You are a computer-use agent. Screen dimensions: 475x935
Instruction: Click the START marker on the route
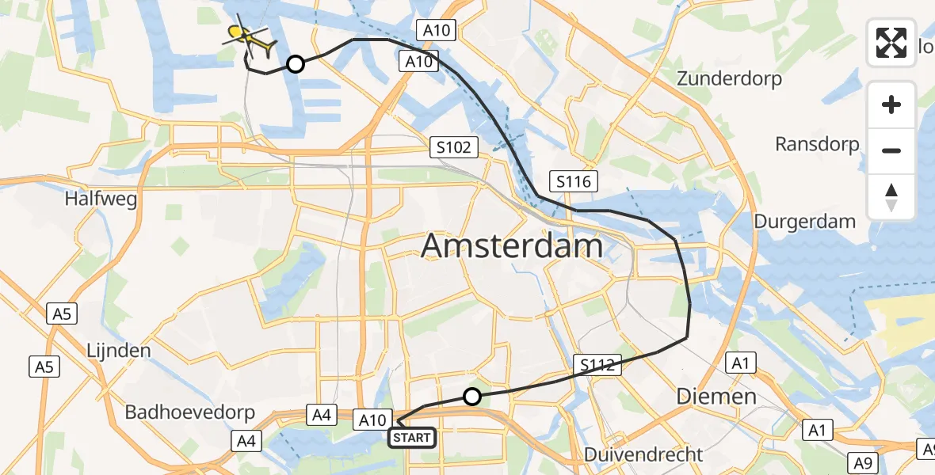click(x=411, y=437)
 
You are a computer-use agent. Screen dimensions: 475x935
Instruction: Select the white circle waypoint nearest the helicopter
click(x=295, y=64)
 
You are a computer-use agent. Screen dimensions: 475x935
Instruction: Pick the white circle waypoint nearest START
click(x=472, y=397)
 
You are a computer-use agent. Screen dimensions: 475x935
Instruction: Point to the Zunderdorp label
click(x=729, y=79)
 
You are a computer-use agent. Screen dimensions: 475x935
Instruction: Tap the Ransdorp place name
click(x=817, y=144)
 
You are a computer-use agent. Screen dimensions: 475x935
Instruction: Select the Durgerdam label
click(x=804, y=221)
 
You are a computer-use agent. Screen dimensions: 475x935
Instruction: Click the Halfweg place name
click(x=101, y=199)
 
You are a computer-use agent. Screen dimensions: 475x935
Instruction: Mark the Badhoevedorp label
click(x=190, y=412)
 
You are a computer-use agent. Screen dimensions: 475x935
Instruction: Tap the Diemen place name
click(x=716, y=396)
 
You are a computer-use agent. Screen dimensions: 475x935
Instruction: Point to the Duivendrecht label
click(x=643, y=454)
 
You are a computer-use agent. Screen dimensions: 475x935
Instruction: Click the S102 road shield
click(x=454, y=146)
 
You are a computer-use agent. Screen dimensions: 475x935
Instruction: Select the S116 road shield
click(x=573, y=181)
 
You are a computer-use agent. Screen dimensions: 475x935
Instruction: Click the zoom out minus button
click(x=891, y=150)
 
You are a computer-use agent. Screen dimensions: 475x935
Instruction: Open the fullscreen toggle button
click(x=891, y=43)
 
